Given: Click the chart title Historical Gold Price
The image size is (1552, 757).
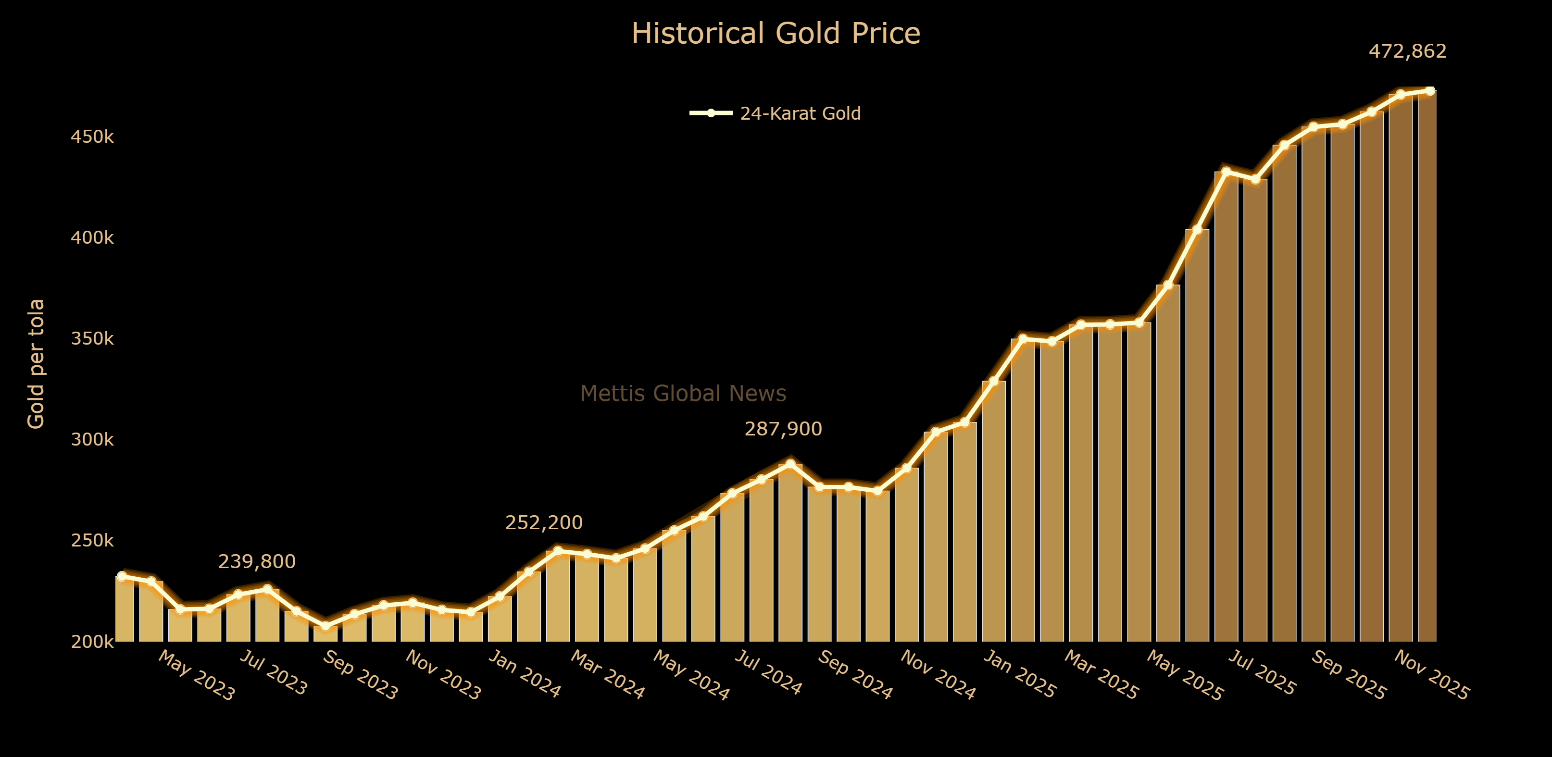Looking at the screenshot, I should (x=776, y=34).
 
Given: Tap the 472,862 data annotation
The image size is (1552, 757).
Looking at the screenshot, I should (x=1407, y=51).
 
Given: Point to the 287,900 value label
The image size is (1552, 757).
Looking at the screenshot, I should (x=783, y=429).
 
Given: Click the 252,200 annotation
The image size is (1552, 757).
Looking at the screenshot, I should (x=543, y=523).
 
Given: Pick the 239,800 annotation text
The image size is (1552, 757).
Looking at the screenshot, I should (x=257, y=562).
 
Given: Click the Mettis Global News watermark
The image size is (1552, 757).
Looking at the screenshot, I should (x=683, y=393).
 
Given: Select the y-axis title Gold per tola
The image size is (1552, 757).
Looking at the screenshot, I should (x=36, y=364).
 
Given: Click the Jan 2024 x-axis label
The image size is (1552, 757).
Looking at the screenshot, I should (x=524, y=674).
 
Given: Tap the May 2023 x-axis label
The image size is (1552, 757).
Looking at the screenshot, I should (x=196, y=676).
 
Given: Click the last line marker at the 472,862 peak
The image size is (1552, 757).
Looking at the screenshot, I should (x=1430, y=91).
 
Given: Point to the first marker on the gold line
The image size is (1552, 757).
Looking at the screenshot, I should (x=122, y=576).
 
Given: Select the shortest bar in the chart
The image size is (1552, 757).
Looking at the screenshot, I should (x=325, y=633).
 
